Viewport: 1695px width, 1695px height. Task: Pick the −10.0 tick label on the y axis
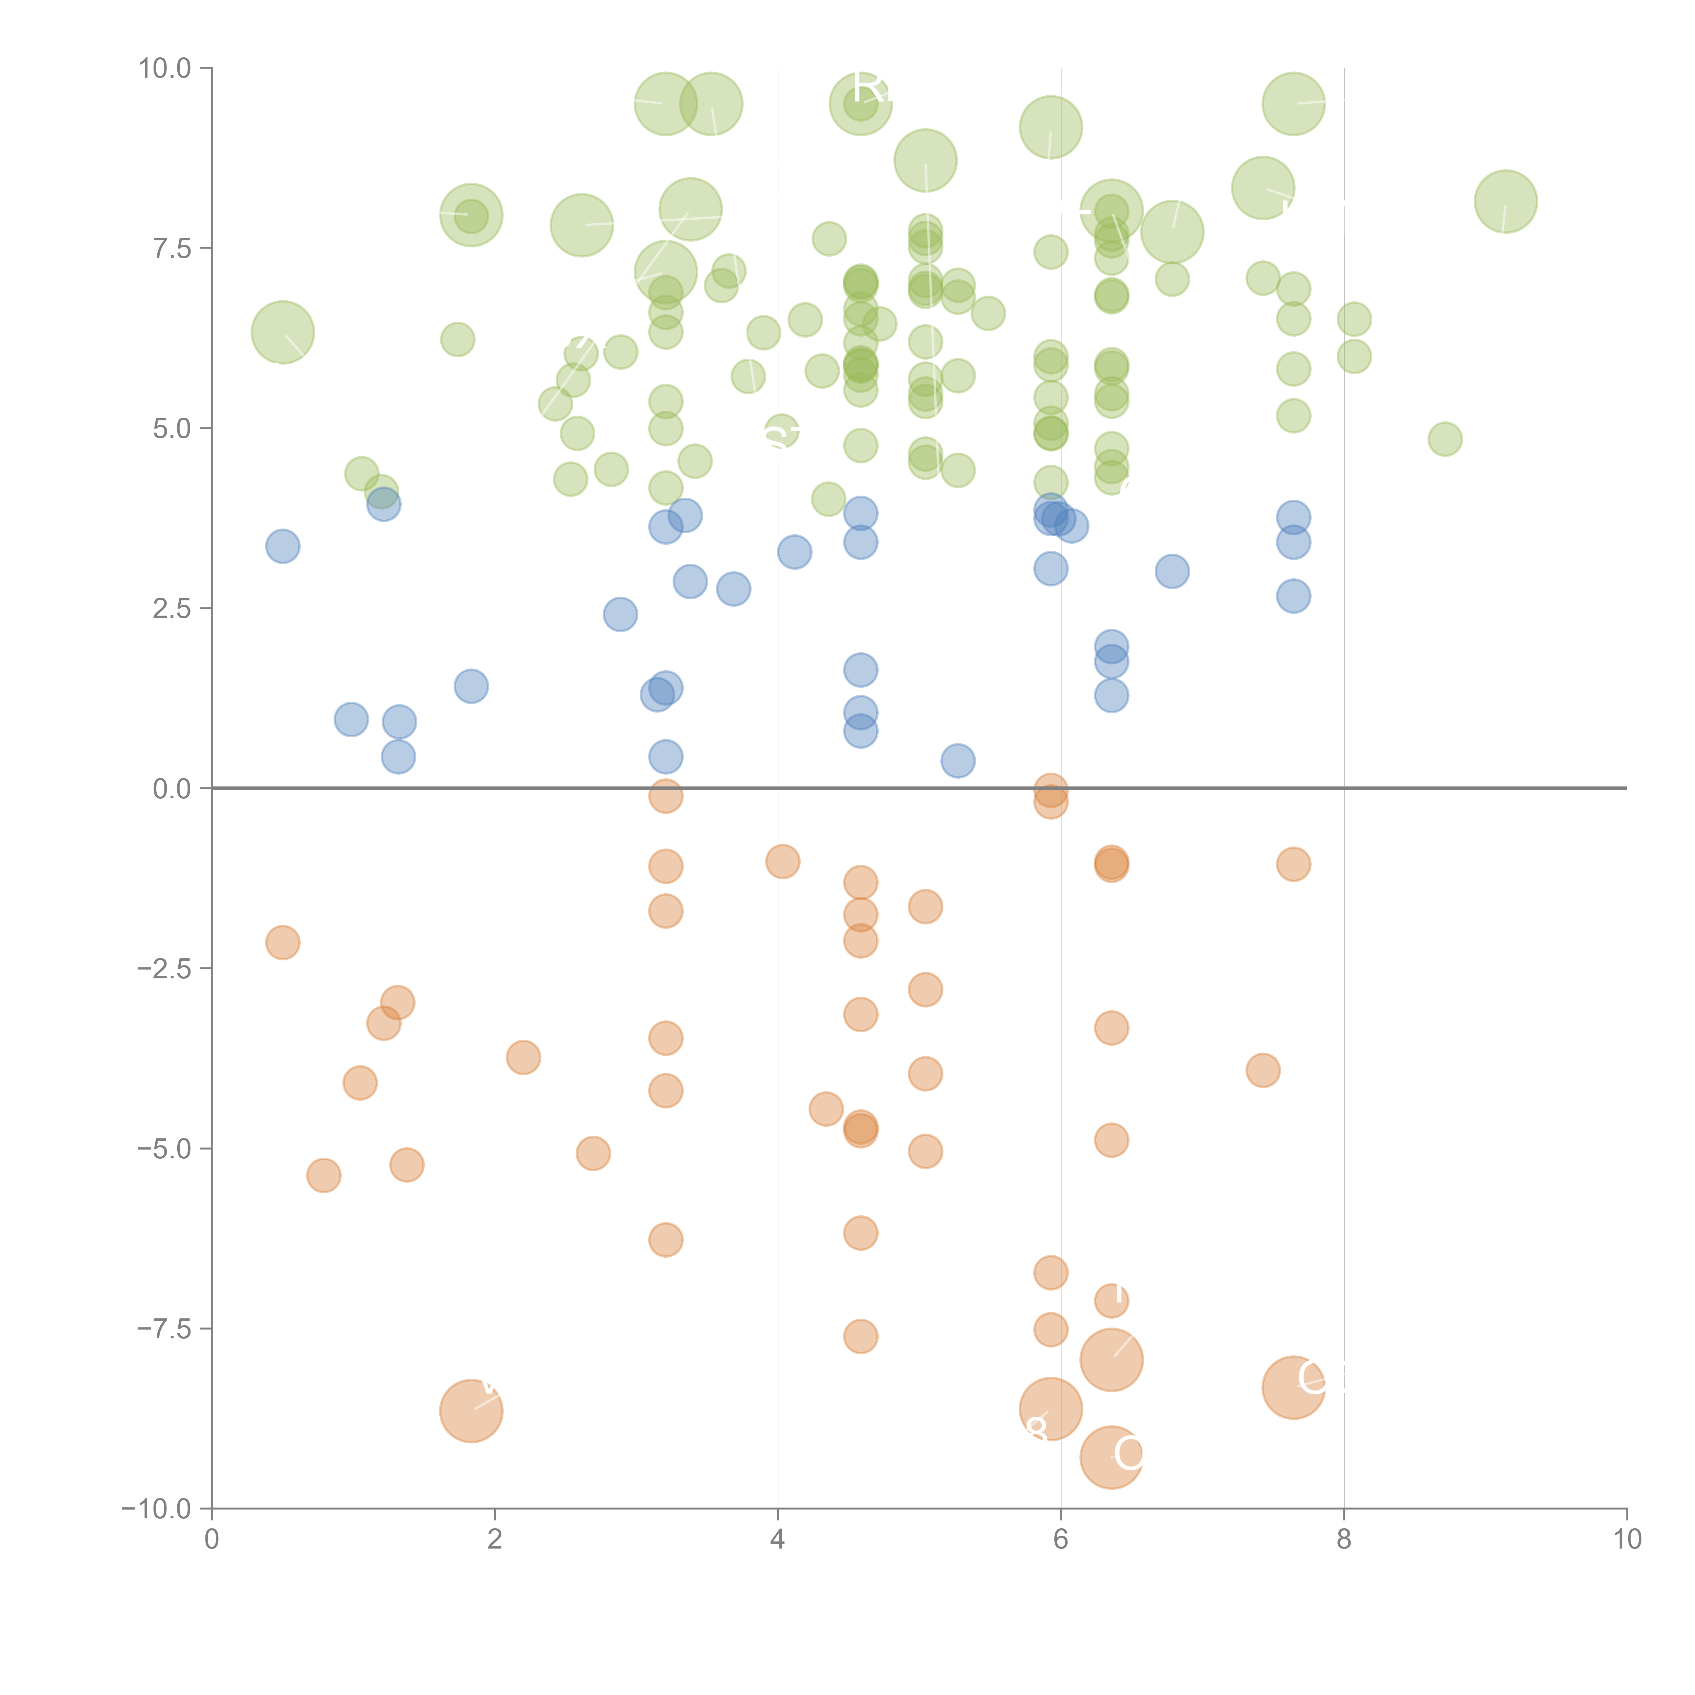point(156,1509)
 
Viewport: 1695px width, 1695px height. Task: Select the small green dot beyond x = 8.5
point(1445,439)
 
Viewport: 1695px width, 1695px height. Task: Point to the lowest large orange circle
point(1112,1457)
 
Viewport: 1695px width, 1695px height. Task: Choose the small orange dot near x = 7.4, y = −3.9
point(1262,1070)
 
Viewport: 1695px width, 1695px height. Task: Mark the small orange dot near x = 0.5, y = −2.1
point(282,942)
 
